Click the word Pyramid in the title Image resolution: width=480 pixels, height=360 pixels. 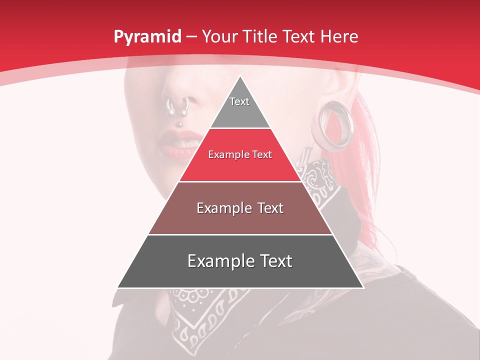click(147, 37)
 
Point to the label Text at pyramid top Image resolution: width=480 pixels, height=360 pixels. click(239, 101)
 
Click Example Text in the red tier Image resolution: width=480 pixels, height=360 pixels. click(240, 154)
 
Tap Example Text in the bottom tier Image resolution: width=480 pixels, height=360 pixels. click(240, 261)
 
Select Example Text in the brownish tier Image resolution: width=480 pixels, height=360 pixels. click(240, 208)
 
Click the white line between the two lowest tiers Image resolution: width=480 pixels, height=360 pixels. click(240, 234)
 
